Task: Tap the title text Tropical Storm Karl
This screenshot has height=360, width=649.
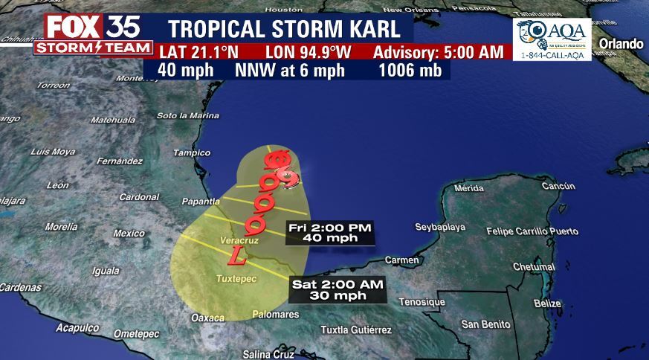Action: tap(289, 29)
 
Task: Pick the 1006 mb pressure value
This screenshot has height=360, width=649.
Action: tap(410, 71)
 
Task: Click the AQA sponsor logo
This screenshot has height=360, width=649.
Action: tap(552, 39)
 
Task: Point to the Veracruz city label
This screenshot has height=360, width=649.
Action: tap(239, 240)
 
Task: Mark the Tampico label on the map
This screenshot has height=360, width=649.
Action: tap(187, 152)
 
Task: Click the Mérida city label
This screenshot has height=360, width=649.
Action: tap(468, 188)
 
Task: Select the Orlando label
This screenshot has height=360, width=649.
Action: tap(621, 44)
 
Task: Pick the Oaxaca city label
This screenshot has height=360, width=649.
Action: tap(207, 318)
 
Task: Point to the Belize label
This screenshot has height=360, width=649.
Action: tap(546, 303)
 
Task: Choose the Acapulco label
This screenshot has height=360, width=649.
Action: tap(77, 327)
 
